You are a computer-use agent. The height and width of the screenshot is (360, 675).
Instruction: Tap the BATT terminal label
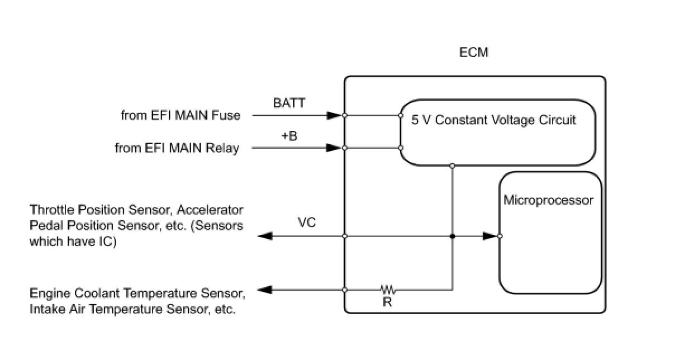click(289, 103)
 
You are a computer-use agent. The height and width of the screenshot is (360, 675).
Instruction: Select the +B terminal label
click(289, 135)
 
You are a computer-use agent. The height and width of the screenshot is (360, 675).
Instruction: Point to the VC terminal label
click(307, 222)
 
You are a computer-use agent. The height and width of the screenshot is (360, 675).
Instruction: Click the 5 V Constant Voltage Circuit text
click(493, 120)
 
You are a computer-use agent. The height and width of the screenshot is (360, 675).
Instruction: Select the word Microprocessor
click(548, 200)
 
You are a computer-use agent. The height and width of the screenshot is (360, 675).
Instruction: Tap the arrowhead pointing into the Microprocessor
click(490, 236)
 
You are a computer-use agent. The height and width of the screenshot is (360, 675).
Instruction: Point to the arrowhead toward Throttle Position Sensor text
click(265, 236)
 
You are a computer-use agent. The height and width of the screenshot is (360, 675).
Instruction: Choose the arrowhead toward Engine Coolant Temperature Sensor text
click(265, 290)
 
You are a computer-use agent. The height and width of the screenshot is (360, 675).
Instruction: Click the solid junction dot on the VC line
click(452, 236)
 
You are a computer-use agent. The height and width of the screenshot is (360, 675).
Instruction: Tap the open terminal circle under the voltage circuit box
click(452, 165)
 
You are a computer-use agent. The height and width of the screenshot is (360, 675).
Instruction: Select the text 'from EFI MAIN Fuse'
click(180, 116)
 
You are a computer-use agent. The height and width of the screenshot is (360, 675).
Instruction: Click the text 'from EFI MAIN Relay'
click(177, 148)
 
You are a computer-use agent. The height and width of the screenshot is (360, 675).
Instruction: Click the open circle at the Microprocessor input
click(500, 236)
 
